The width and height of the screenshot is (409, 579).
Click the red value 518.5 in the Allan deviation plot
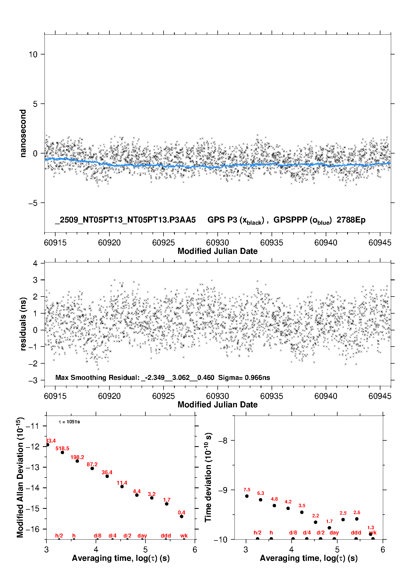click(x=62, y=449)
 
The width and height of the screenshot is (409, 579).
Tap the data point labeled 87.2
click(x=92, y=468)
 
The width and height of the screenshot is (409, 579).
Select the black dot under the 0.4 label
click(x=181, y=517)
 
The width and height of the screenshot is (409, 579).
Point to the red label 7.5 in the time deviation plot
click(x=247, y=490)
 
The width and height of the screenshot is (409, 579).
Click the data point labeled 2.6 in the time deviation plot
click(x=357, y=519)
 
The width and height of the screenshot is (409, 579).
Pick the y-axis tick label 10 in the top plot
click(x=33, y=54)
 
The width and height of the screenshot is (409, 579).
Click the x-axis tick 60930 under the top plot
click(x=217, y=243)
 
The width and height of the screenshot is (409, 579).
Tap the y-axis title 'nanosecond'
click(x=23, y=133)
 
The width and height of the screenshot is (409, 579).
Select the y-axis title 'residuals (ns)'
click(x=23, y=324)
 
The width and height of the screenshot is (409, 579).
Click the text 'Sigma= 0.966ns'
click(x=244, y=378)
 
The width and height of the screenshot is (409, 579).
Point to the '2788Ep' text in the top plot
click(x=351, y=220)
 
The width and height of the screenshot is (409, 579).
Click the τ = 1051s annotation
click(x=69, y=422)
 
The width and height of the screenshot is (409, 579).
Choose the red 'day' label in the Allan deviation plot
click(x=142, y=536)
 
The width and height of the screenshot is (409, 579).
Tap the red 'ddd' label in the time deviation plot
click(x=356, y=533)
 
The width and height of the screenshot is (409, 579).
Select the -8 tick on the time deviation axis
click(x=223, y=441)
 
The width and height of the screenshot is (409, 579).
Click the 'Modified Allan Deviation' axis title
click(x=20, y=477)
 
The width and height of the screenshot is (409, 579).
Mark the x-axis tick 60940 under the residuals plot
click(x=326, y=396)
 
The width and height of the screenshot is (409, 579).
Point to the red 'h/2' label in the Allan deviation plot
click(x=59, y=536)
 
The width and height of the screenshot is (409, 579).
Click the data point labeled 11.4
click(x=122, y=487)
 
